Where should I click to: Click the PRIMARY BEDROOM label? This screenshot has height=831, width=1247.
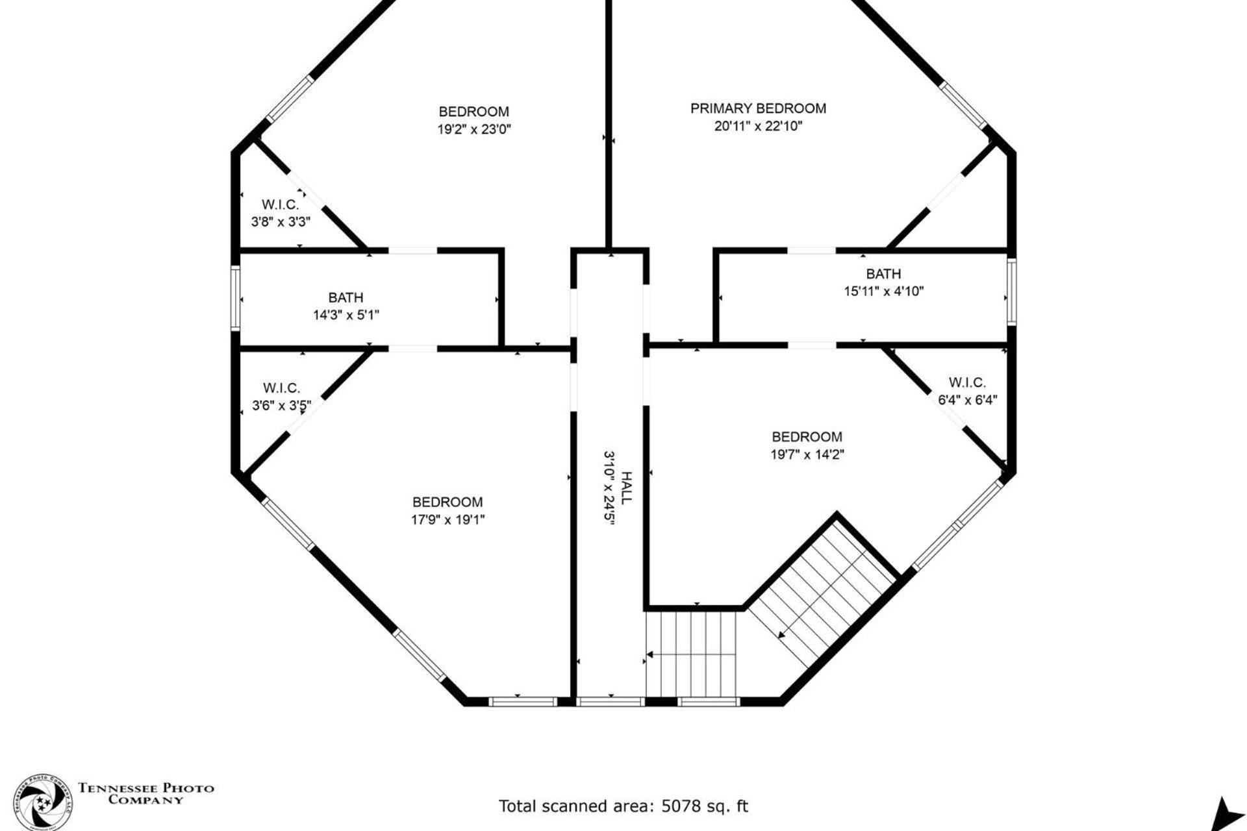pos(758,108)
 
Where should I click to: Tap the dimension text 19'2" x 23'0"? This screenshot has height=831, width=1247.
pos(474,129)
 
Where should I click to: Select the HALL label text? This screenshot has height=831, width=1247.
pos(626,488)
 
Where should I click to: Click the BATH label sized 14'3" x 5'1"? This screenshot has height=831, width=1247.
pos(346,298)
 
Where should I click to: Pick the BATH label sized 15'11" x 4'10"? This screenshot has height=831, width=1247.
pos(883,274)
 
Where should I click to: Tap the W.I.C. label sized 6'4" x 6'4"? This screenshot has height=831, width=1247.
pos(967,382)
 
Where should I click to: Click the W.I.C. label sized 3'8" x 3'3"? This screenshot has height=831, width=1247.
pos(281,205)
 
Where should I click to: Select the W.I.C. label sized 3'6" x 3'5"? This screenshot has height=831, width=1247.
pos(281,388)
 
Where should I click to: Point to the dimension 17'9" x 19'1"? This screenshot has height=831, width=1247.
pos(447,519)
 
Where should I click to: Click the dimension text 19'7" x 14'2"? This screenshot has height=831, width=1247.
pos(807,454)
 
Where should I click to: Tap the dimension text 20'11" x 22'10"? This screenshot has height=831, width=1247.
pos(758,126)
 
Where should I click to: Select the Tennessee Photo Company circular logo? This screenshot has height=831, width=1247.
pos(43,802)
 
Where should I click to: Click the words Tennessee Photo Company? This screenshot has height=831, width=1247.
pos(146,794)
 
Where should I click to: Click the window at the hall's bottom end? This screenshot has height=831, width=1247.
pos(611,701)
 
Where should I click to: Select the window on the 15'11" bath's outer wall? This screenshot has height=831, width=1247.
pos(1011,291)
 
